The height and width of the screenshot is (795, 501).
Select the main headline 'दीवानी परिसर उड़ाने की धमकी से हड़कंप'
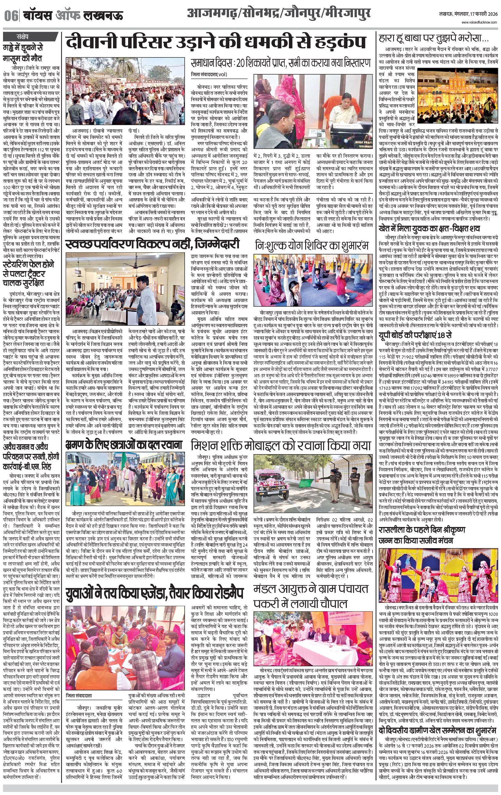(216, 43)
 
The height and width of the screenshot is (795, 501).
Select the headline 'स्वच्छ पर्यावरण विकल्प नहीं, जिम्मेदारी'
(152, 245)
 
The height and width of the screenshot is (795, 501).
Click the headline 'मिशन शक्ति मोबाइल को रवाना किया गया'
(281, 445)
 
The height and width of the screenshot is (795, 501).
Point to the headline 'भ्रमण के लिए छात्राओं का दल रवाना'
(124, 444)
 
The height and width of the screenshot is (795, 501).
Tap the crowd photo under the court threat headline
(125, 92)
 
